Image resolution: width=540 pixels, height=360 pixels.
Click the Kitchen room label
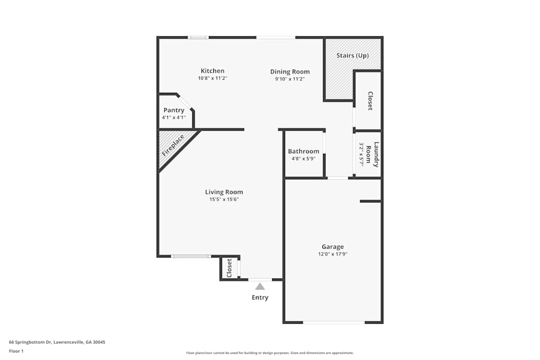tap(212, 71)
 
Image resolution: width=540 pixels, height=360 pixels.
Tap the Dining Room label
tap(290, 72)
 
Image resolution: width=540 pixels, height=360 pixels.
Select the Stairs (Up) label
tap(353, 56)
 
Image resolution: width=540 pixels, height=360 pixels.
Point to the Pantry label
tap(174, 110)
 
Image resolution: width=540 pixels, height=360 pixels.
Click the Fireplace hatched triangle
tap(172, 146)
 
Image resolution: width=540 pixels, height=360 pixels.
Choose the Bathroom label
tap(303, 151)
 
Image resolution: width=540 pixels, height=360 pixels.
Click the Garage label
tap(333, 247)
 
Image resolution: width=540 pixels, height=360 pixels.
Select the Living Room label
tap(224, 192)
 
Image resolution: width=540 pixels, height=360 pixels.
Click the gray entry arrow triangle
tap(260, 287)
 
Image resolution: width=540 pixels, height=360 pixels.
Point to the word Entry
tap(260, 297)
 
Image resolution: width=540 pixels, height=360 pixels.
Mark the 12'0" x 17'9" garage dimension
tap(333, 254)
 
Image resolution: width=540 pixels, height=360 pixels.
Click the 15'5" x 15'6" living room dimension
tap(224, 199)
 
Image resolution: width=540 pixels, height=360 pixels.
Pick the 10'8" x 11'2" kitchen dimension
tap(212, 78)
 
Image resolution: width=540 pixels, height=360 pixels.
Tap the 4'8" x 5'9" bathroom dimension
tap(303, 159)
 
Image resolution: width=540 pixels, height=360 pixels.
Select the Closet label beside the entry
tap(229, 268)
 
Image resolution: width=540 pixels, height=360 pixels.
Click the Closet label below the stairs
tap(370, 101)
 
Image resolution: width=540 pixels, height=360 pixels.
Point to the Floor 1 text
tap(16, 351)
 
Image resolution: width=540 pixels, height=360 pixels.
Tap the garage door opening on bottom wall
tap(334, 322)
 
